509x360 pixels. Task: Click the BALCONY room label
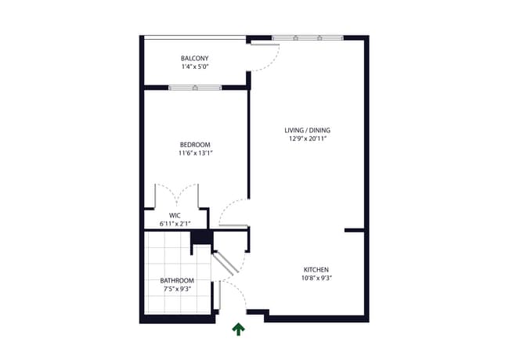[x=195, y=59]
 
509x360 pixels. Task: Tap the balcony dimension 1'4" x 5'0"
[x=195, y=67]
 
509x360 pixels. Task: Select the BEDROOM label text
[x=195, y=145]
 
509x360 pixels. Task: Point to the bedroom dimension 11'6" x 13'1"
[x=195, y=153]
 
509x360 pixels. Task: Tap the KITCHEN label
[x=315, y=269]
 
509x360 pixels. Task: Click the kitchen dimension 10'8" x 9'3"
[x=315, y=278]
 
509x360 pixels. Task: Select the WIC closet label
[x=175, y=215]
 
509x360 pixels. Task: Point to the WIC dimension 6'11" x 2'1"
[x=175, y=224]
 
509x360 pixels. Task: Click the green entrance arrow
[x=237, y=329]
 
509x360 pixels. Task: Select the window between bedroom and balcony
[x=195, y=87]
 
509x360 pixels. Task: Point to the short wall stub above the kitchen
[x=354, y=230]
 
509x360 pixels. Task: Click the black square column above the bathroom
[x=201, y=238]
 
